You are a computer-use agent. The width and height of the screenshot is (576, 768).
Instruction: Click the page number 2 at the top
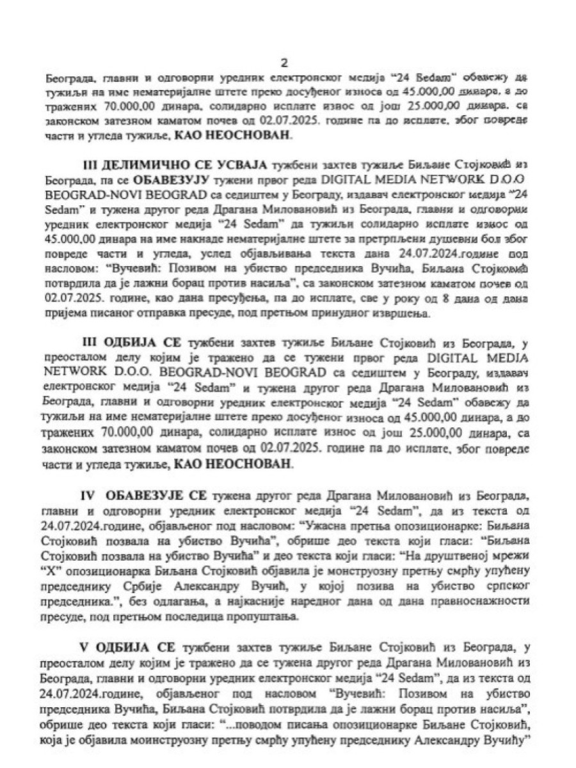tap(285, 62)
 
